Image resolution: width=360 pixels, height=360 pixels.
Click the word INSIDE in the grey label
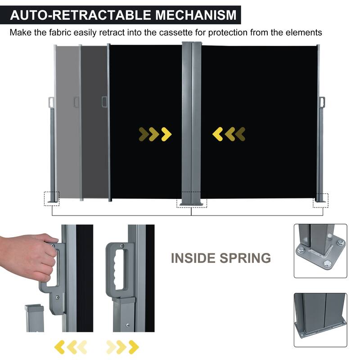pyautogui.click(x=192, y=258)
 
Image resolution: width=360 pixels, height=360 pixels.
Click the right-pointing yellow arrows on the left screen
pyautogui.click(x=155, y=134)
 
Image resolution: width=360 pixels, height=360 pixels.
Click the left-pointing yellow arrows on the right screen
pyautogui.click(x=229, y=134)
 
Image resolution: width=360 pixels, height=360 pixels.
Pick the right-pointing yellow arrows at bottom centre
pyautogui.click(x=122, y=346)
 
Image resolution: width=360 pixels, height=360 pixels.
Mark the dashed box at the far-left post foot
pyautogui.click(x=52, y=198)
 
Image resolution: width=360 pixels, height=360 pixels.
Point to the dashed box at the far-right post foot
pyautogui.click(x=320, y=200)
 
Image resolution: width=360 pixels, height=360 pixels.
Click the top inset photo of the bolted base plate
pyautogui.click(x=320, y=251)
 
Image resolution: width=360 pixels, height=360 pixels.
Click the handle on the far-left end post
pyautogui.click(x=50, y=102)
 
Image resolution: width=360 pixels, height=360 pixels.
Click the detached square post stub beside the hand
pyautogui.click(x=33, y=317)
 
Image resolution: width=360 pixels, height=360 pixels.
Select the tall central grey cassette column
pyautogui.click(x=191, y=121)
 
